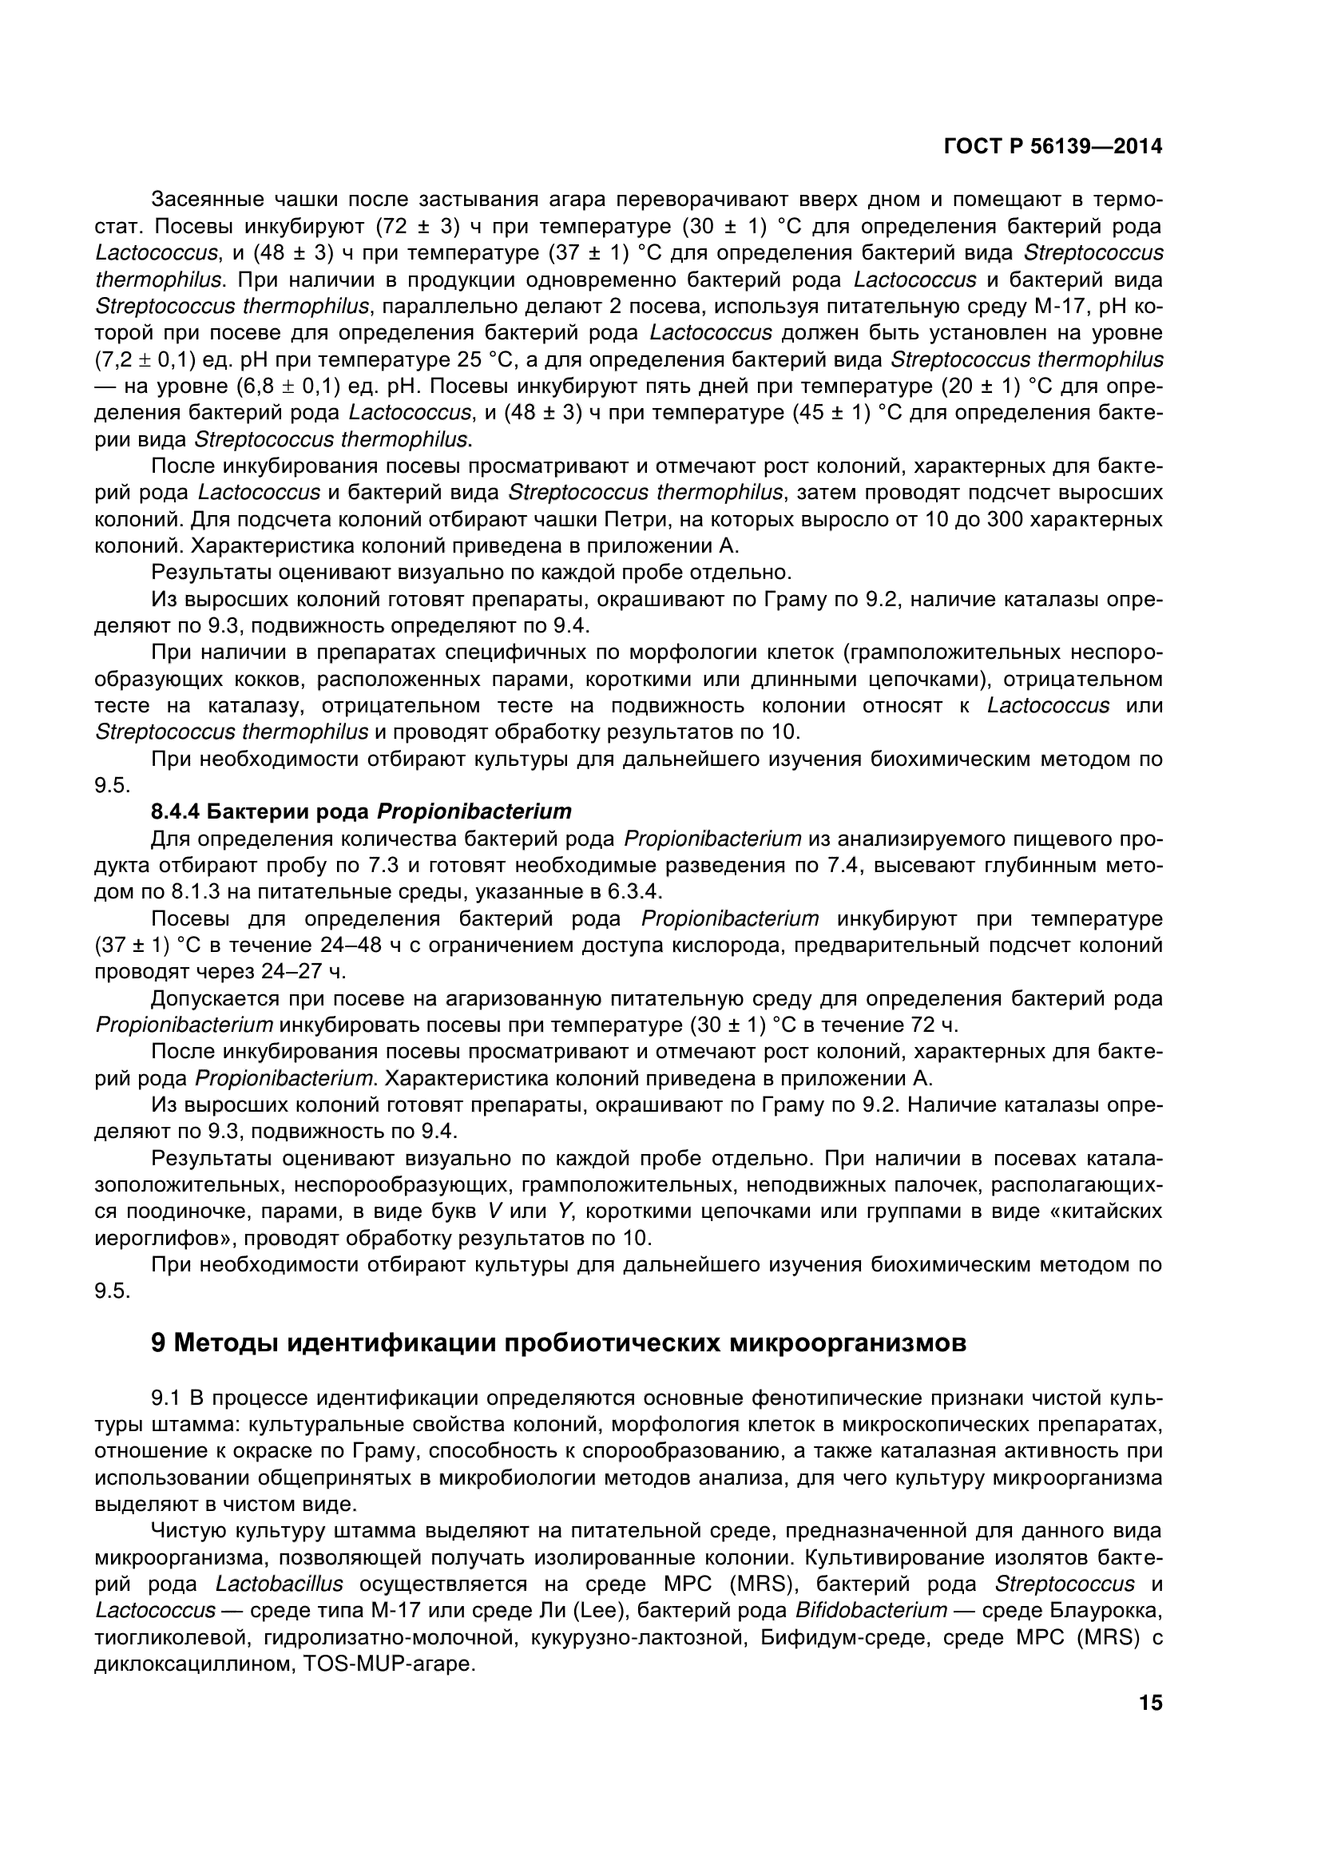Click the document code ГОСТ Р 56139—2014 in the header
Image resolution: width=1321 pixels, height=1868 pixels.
coord(1053,146)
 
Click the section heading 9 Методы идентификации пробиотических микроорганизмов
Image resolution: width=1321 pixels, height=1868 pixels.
coord(559,1343)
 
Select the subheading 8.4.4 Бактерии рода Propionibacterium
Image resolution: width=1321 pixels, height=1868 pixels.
coord(361,811)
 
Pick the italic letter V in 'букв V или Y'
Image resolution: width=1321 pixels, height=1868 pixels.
coord(493,1212)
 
